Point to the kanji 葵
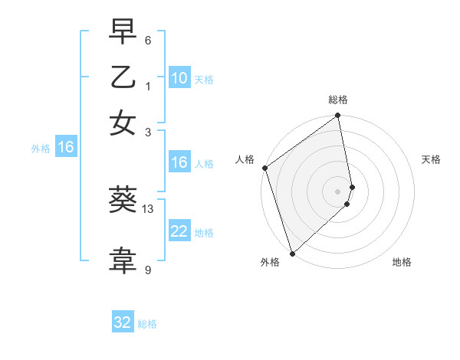pos(123,201)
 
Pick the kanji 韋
pos(123,260)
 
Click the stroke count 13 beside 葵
pos(148,209)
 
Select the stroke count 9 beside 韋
pos(148,270)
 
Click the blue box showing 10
pos(179,77)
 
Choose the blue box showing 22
pos(179,231)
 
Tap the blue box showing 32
pos(123,322)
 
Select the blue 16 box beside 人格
pos(179,162)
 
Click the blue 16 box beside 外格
pos(66,147)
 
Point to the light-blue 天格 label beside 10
pos(204,80)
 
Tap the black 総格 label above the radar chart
pos(338,100)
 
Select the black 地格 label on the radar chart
pos(402,263)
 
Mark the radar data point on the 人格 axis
pos(264,168)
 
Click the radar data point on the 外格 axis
pos(292,253)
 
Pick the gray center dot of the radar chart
pos(338,191)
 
